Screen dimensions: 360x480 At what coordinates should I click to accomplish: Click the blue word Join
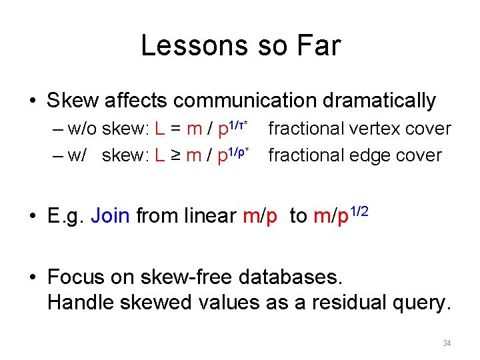(110, 216)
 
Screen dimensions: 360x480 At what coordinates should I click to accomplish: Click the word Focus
(75, 277)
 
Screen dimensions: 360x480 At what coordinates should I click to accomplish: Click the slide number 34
(447, 343)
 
